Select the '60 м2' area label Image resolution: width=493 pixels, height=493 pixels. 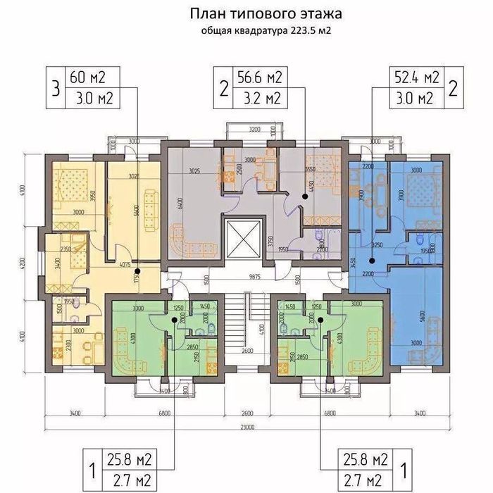pyautogui.click(x=84, y=76)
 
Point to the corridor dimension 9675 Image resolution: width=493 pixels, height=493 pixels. pyautogui.click(x=245, y=277)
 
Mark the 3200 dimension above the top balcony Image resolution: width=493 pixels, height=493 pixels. pyautogui.click(x=254, y=130)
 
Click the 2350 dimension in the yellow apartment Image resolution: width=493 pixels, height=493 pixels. pyautogui.click(x=68, y=249)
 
